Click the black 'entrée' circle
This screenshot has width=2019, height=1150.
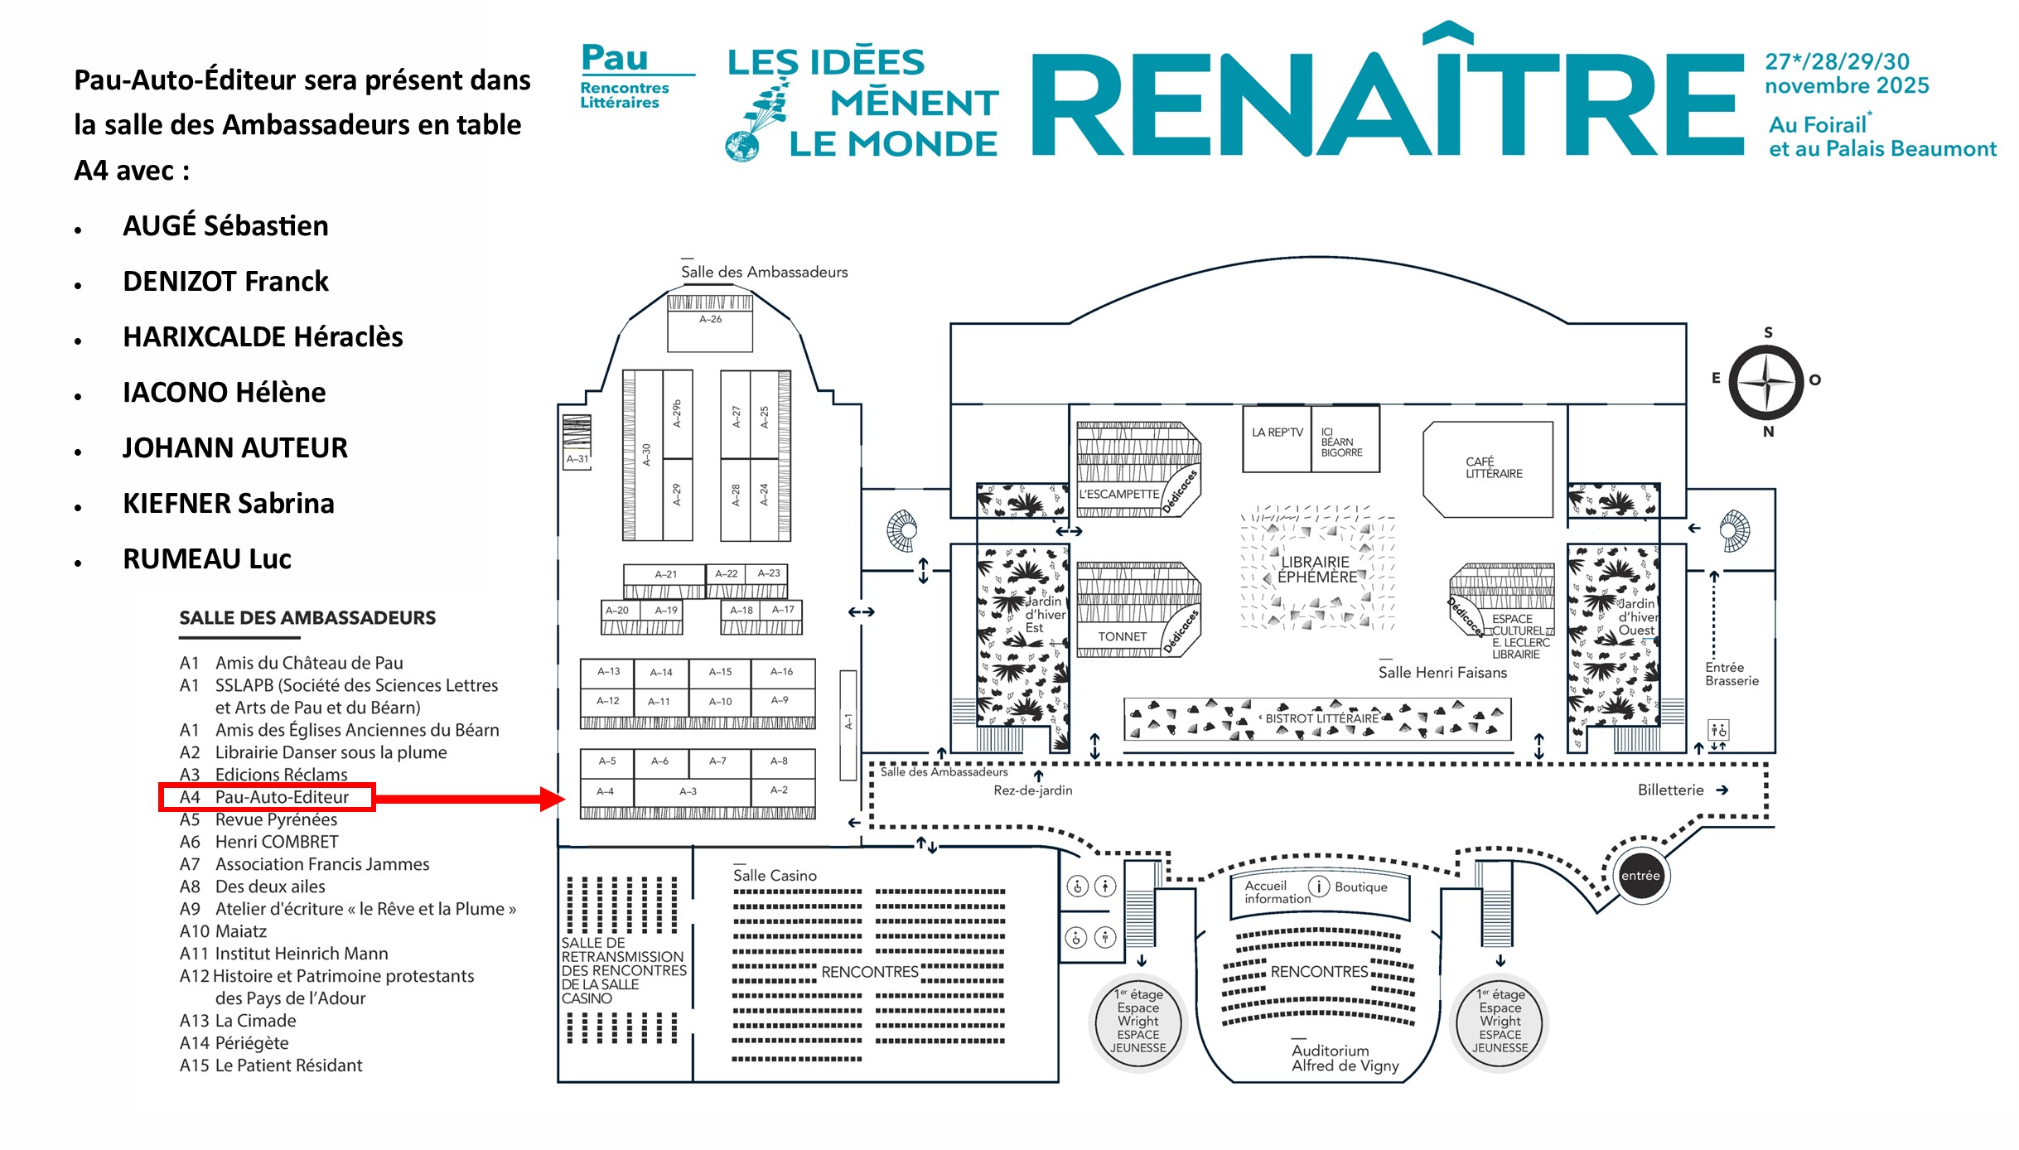(x=1640, y=876)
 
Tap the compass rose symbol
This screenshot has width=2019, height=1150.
(x=1766, y=382)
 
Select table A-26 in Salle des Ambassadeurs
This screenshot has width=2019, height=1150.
(x=710, y=325)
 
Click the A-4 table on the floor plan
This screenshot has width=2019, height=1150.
(x=606, y=791)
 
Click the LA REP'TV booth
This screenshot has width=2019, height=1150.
(x=1277, y=437)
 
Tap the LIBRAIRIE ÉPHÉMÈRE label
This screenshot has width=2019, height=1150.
(x=1316, y=569)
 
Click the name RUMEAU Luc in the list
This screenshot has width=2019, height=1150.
(x=207, y=559)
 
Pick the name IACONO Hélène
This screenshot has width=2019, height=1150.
(x=224, y=393)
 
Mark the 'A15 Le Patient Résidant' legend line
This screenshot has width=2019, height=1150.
(x=271, y=1065)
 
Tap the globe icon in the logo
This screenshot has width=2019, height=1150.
(x=741, y=147)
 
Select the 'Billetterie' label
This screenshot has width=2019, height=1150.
(x=1670, y=790)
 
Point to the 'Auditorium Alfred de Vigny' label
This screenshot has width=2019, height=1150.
(x=1344, y=1058)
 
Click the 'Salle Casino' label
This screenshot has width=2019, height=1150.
(x=775, y=876)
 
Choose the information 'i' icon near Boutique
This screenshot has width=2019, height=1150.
(x=1318, y=887)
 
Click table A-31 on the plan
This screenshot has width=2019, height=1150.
(x=577, y=458)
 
